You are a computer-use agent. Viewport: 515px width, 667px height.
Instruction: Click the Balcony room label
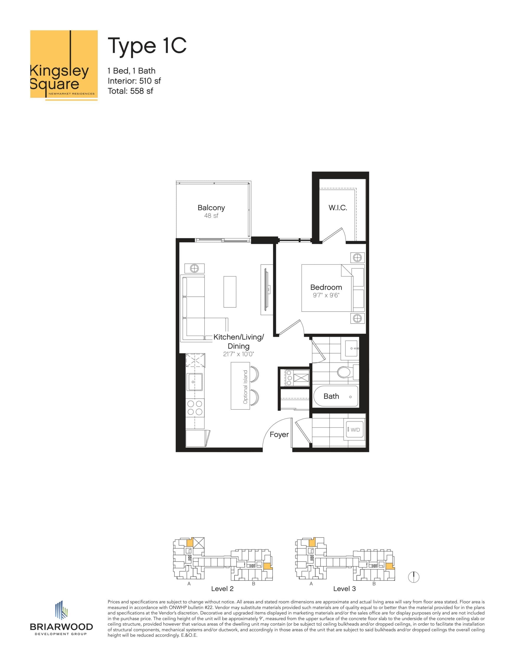click(211, 208)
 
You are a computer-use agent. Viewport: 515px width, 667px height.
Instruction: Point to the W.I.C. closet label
click(338, 208)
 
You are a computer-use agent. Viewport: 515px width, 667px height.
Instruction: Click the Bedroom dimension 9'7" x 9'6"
click(326, 295)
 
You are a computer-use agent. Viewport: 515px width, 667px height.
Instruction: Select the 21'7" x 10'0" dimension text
click(238, 354)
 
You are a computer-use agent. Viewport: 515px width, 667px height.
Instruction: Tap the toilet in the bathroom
click(345, 372)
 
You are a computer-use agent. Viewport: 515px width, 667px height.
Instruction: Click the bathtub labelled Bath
click(336, 396)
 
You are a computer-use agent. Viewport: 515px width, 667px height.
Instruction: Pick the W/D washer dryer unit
click(354, 430)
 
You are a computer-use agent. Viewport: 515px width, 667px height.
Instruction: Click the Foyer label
click(279, 434)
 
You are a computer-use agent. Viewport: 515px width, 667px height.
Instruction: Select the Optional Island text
click(246, 387)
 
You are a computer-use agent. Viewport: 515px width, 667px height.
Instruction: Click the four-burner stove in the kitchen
click(195, 407)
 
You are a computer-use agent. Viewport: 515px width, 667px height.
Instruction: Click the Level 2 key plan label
click(222, 589)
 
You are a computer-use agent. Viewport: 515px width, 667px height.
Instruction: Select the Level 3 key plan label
click(344, 589)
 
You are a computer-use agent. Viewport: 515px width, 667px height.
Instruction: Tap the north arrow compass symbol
click(414, 577)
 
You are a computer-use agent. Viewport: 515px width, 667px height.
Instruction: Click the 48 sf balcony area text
click(211, 216)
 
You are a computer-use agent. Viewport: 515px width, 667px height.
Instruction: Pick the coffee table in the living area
click(230, 292)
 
